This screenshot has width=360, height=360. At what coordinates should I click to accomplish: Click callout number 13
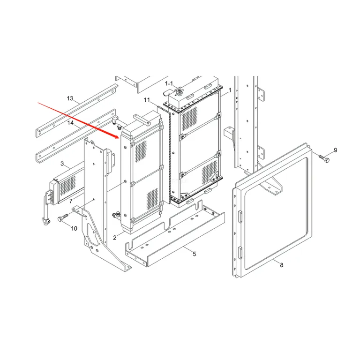pyautogui.click(x=70, y=98)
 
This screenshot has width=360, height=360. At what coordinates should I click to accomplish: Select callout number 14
pyautogui.click(x=70, y=123)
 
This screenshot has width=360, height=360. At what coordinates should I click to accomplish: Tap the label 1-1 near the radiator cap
pyautogui.click(x=169, y=83)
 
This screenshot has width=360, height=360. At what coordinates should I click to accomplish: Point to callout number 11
pyautogui.click(x=147, y=100)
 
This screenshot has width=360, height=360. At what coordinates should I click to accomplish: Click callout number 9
pyautogui.click(x=336, y=150)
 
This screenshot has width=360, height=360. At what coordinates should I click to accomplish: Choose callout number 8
pyautogui.click(x=282, y=265)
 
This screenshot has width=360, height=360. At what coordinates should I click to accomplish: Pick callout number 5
pyautogui.click(x=194, y=254)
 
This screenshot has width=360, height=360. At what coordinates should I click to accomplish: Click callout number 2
pyautogui.click(x=115, y=238)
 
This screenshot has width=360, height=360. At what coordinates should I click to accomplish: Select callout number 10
pyautogui.click(x=74, y=228)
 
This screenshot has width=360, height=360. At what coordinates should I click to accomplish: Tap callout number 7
pyautogui.click(x=71, y=201)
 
